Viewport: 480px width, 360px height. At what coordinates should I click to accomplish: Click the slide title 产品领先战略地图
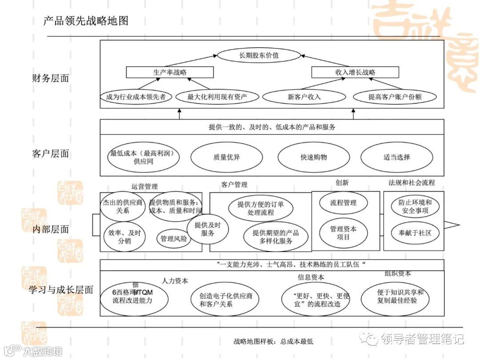[x=86, y=20]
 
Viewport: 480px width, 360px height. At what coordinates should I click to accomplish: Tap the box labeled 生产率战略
[x=170, y=72]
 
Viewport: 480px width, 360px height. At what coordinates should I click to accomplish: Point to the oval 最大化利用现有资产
[x=217, y=96]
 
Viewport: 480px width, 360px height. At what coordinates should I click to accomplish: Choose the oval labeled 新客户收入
[x=304, y=96]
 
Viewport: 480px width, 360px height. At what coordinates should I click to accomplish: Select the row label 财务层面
[x=51, y=78]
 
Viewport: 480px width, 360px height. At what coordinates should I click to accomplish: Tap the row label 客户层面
[x=51, y=154]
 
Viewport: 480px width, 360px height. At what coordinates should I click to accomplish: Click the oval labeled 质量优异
[x=226, y=157]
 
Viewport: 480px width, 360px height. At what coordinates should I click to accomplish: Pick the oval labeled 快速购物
[x=313, y=157]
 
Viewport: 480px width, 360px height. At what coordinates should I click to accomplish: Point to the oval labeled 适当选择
[x=396, y=157]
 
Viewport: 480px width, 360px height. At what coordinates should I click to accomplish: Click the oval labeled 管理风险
[x=174, y=239]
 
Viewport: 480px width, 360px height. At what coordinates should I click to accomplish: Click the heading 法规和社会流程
[x=412, y=182]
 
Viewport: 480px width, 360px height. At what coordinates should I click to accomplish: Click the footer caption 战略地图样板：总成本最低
[x=273, y=341]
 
